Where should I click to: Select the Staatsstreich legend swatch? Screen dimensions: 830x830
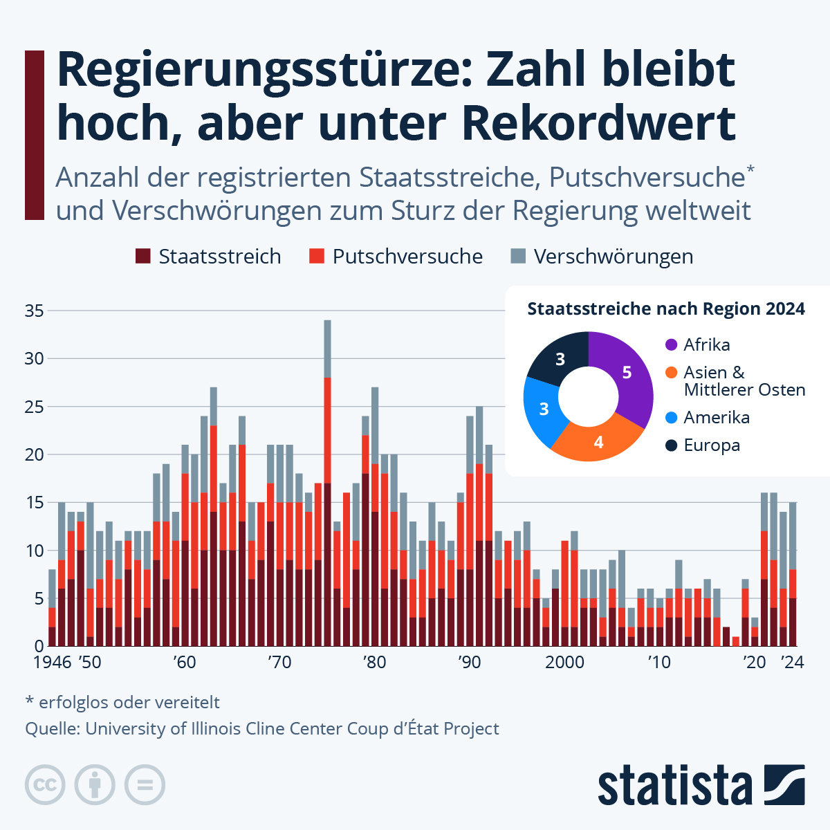coord(143,257)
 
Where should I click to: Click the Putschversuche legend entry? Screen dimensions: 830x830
coord(407,257)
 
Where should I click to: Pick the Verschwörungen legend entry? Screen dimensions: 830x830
coord(613,257)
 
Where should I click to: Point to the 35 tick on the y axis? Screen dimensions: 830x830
coord(35,311)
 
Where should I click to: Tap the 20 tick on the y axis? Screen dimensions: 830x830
coord(35,455)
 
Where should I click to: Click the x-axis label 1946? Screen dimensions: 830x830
coord(53,663)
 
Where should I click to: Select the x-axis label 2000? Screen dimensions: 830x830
coord(565,663)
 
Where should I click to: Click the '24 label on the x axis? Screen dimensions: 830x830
coord(792,663)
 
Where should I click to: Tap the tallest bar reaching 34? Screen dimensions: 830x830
coord(328,484)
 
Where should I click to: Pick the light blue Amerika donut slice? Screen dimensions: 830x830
coord(544,409)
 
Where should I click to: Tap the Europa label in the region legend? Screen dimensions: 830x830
coord(712,445)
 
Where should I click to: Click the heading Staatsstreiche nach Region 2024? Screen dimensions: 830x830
coord(666,309)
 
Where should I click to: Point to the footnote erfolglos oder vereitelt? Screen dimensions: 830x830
coord(129,703)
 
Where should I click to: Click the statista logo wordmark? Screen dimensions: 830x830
coord(675,786)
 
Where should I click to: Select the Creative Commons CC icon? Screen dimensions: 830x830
coord(45,785)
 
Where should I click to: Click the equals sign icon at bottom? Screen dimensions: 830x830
coord(145,785)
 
